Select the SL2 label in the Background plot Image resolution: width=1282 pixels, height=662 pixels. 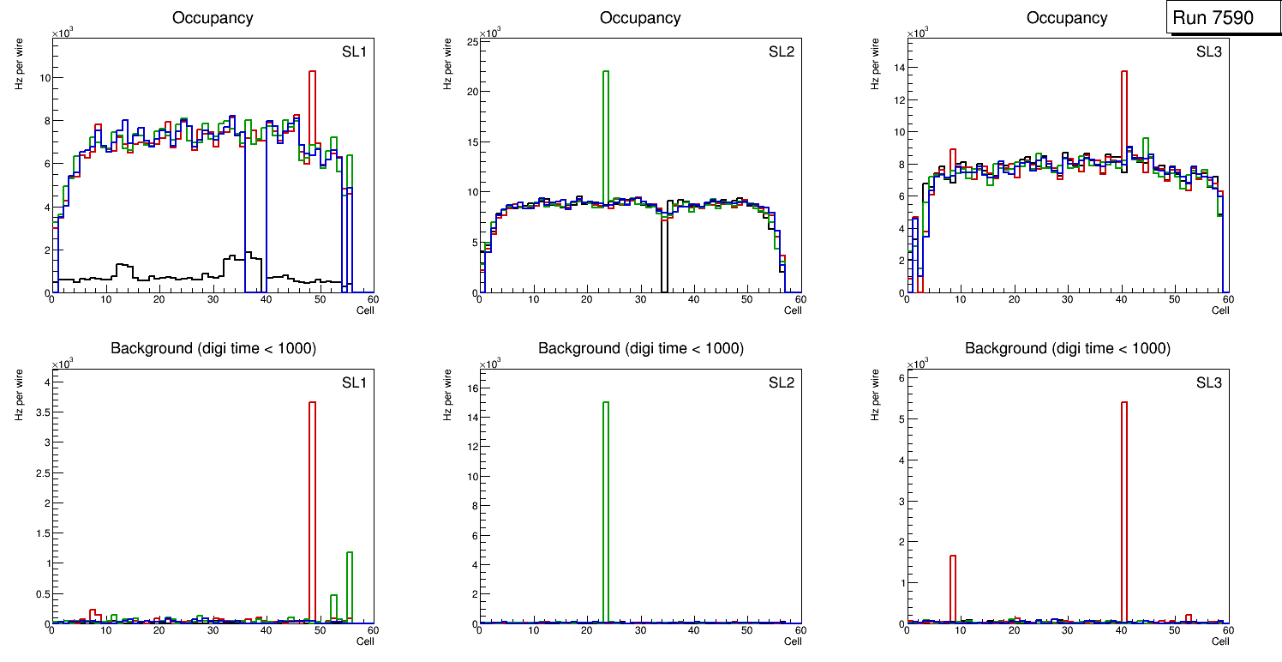click(x=782, y=382)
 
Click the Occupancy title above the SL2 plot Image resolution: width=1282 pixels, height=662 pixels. click(x=640, y=18)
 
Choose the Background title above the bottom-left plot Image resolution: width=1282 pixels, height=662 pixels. click(x=213, y=348)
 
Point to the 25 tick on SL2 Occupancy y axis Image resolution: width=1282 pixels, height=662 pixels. click(x=470, y=41)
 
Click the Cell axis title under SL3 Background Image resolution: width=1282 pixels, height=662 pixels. click(x=1220, y=641)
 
